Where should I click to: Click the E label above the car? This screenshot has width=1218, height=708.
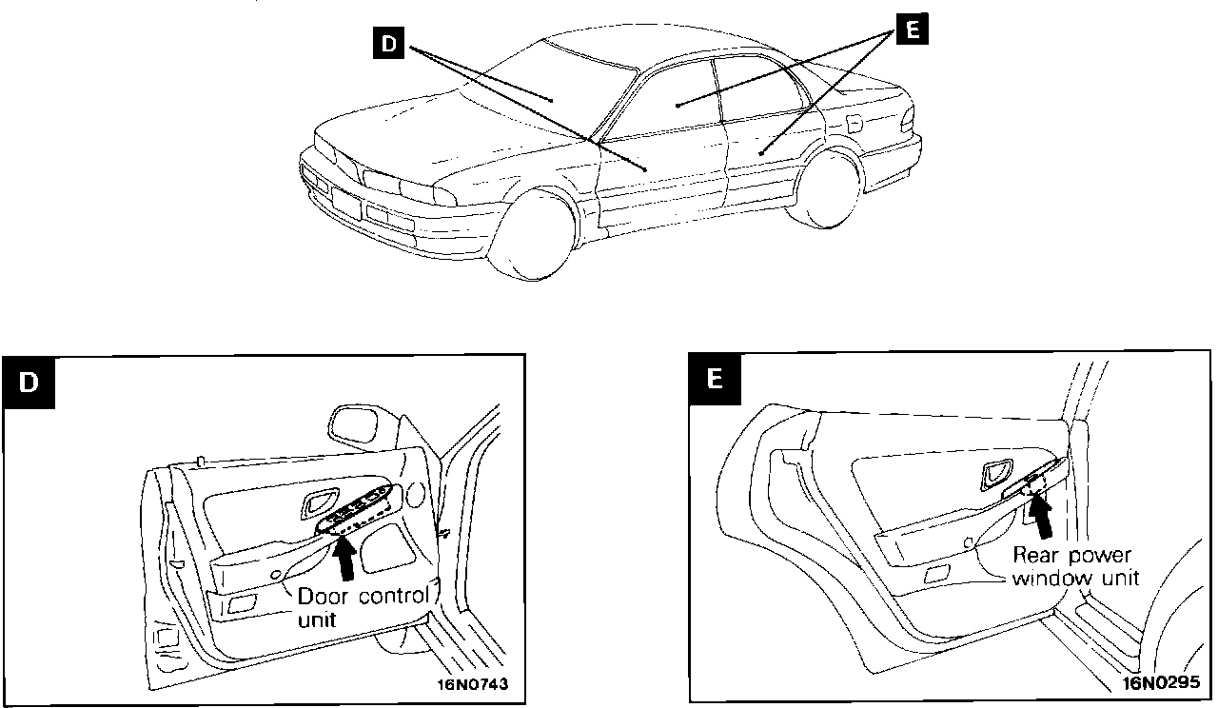click(911, 30)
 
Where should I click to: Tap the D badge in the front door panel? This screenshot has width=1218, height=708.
click(29, 383)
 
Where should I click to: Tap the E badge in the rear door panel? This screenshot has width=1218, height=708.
click(715, 378)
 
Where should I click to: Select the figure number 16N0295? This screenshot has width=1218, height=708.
click(1161, 682)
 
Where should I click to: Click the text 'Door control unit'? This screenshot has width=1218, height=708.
click(363, 608)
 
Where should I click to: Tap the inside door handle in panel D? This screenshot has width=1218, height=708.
click(317, 503)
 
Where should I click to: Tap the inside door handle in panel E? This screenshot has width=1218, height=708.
click(997, 471)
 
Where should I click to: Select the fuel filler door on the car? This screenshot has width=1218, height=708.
click(854, 124)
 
